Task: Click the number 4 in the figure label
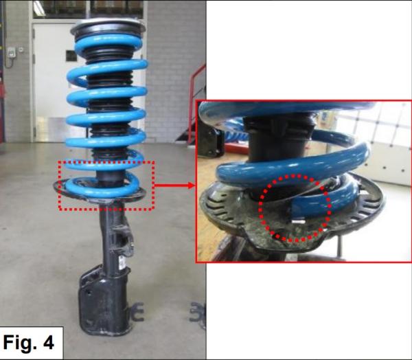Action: [x=48, y=343]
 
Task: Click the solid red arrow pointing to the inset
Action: [x=174, y=185]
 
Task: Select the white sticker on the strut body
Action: [x=121, y=263]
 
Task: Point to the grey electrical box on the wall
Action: [x=11, y=52]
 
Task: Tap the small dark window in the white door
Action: [x=71, y=56]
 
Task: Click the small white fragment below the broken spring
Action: [x=298, y=222]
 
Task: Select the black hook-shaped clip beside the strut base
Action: [x=137, y=312]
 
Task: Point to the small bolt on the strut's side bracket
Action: [x=132, y=245]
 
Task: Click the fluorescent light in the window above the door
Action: [x=39, y=5]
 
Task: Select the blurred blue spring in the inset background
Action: [x=235, y=129]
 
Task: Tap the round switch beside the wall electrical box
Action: [x=21, y=49]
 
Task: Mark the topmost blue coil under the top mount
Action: [x=108, y=43]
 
